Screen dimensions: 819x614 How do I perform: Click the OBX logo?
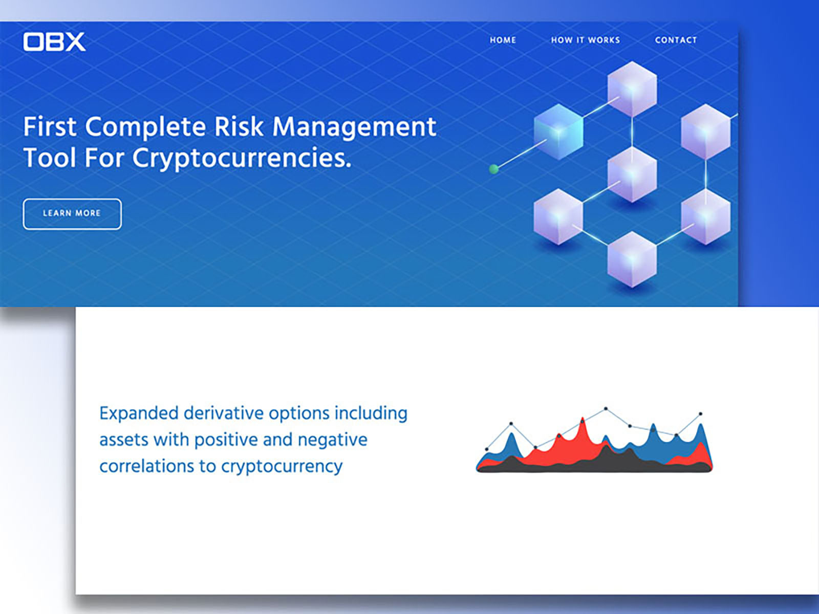54,42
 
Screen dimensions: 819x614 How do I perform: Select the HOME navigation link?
503,40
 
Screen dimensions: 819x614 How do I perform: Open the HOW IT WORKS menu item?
586,40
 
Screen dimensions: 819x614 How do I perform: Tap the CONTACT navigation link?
676,40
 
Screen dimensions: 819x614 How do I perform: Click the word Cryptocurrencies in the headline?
242,159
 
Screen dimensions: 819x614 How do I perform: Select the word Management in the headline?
354,128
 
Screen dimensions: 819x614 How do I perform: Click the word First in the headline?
50,127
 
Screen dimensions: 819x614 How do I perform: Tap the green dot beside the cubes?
493,169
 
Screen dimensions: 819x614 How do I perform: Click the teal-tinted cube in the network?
558,131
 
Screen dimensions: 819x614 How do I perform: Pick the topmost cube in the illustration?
632,89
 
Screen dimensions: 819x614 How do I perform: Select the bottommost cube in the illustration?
632,259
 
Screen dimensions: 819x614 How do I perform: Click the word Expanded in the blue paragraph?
138,414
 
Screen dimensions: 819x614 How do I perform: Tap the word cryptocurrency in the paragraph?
282,467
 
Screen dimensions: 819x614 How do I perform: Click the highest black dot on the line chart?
606,409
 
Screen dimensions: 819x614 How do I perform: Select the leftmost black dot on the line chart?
487,449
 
